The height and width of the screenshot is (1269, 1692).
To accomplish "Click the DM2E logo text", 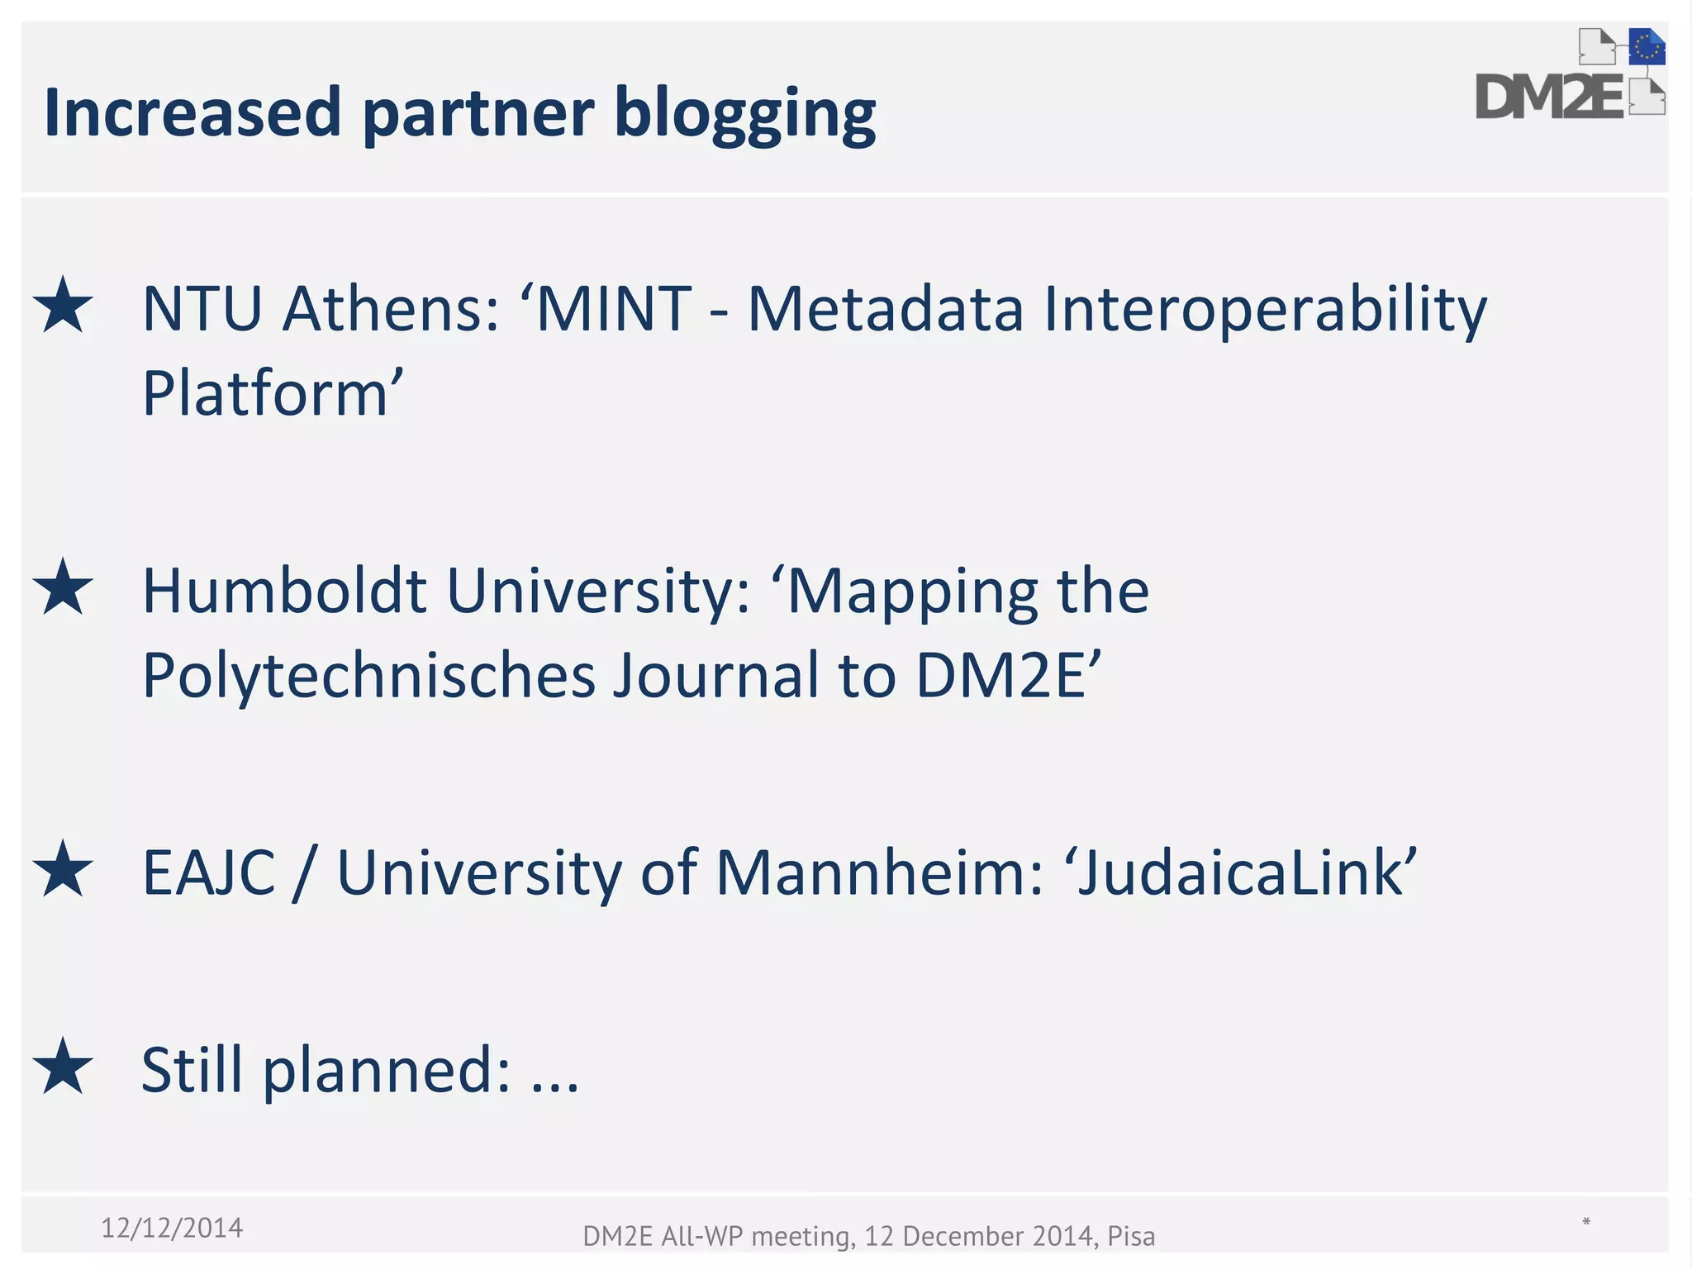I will point(1550,97).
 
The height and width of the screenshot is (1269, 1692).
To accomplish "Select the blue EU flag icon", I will point(1647,47).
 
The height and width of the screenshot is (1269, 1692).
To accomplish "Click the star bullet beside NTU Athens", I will point(63,306).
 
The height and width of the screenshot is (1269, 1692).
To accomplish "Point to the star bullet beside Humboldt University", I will point(63,587).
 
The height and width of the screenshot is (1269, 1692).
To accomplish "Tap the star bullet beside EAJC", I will point(63,869).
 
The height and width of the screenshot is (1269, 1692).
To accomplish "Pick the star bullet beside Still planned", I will point(63,1067).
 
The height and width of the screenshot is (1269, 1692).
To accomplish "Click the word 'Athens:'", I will point(391,308).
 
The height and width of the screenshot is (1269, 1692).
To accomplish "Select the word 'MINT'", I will point(613,308).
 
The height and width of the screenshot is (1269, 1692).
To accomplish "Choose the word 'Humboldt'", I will point(285,591).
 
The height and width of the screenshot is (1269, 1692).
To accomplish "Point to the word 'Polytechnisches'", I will point(368,676).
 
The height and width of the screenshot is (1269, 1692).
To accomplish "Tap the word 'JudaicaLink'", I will point(1244,872).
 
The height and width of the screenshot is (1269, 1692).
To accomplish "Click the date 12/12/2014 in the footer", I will point(172,1228).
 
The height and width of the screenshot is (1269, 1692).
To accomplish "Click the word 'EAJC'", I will point(209,872).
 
